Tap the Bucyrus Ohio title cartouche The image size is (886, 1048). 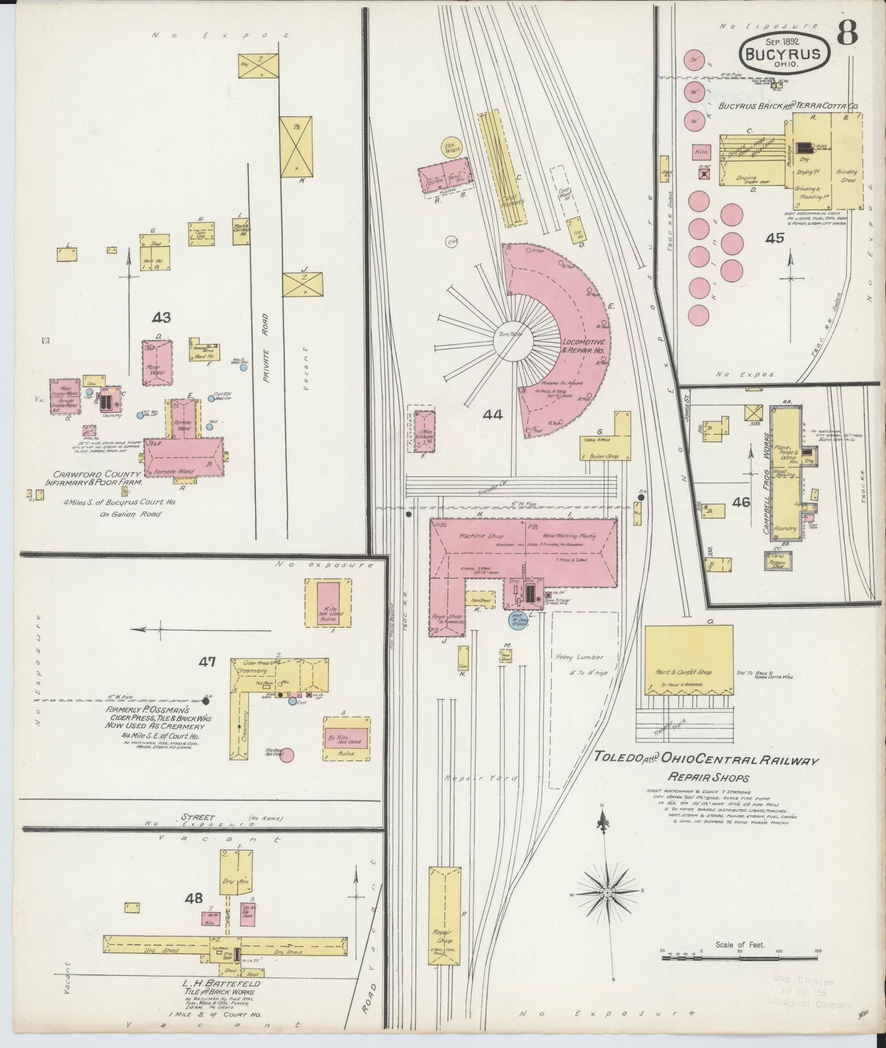787,53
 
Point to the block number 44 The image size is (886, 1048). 492,416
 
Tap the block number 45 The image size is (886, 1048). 774,238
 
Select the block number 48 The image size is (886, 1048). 194,898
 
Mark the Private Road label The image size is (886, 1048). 265,348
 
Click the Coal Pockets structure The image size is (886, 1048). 503,169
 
